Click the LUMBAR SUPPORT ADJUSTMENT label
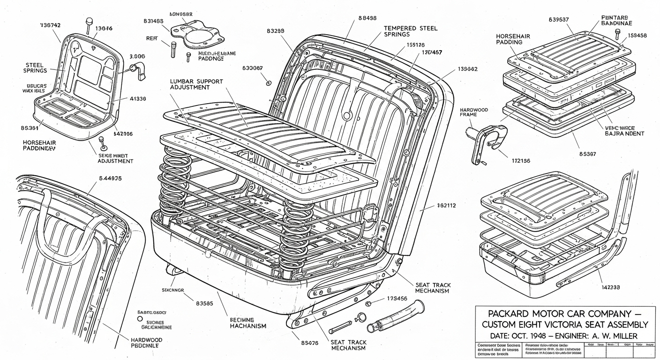196,84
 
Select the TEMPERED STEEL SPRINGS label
411,31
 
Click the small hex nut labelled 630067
269,83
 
